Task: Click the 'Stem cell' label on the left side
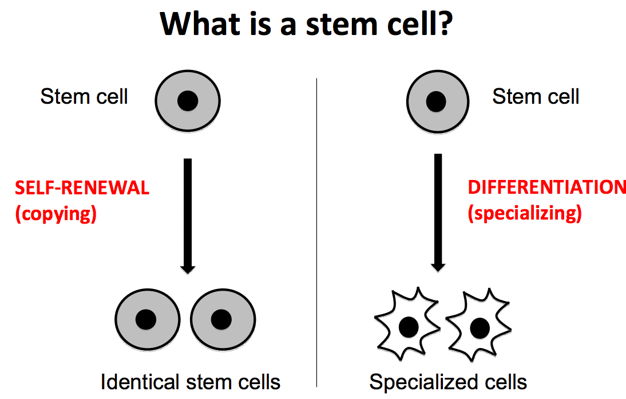tap(84, 96)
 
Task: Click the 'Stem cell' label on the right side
tap(536, 96)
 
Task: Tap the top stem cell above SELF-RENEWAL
tap(188, 100)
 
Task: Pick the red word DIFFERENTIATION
tap(547, 187)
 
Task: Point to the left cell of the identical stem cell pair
tap(147, 319)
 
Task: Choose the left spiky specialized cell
tap(407, 327)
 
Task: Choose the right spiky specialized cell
tap(478, 327)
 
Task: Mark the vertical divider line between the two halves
tap(316, 229)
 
